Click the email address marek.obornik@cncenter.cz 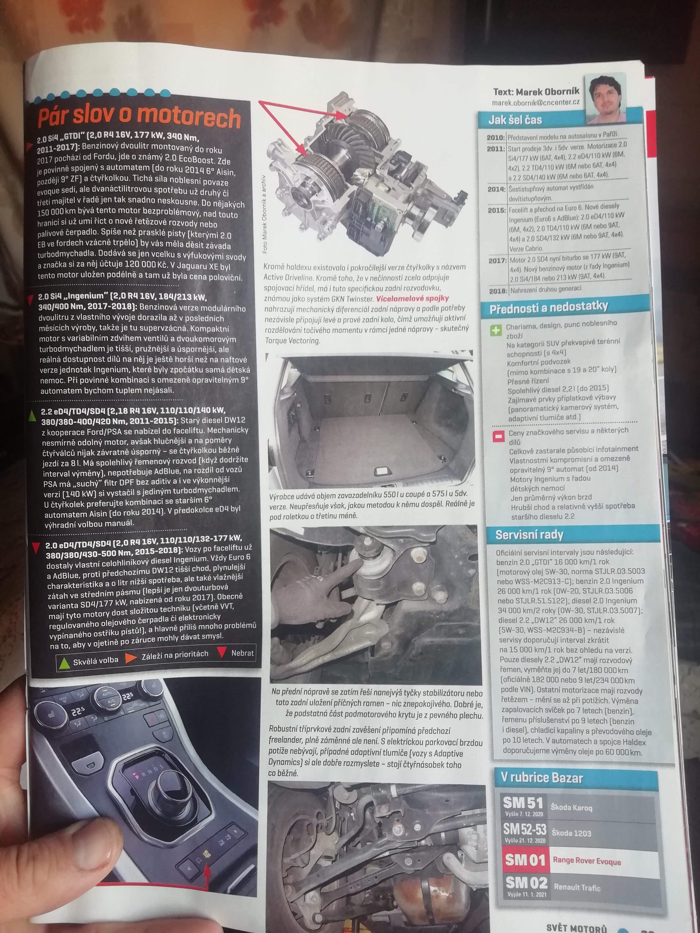point(536,102)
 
